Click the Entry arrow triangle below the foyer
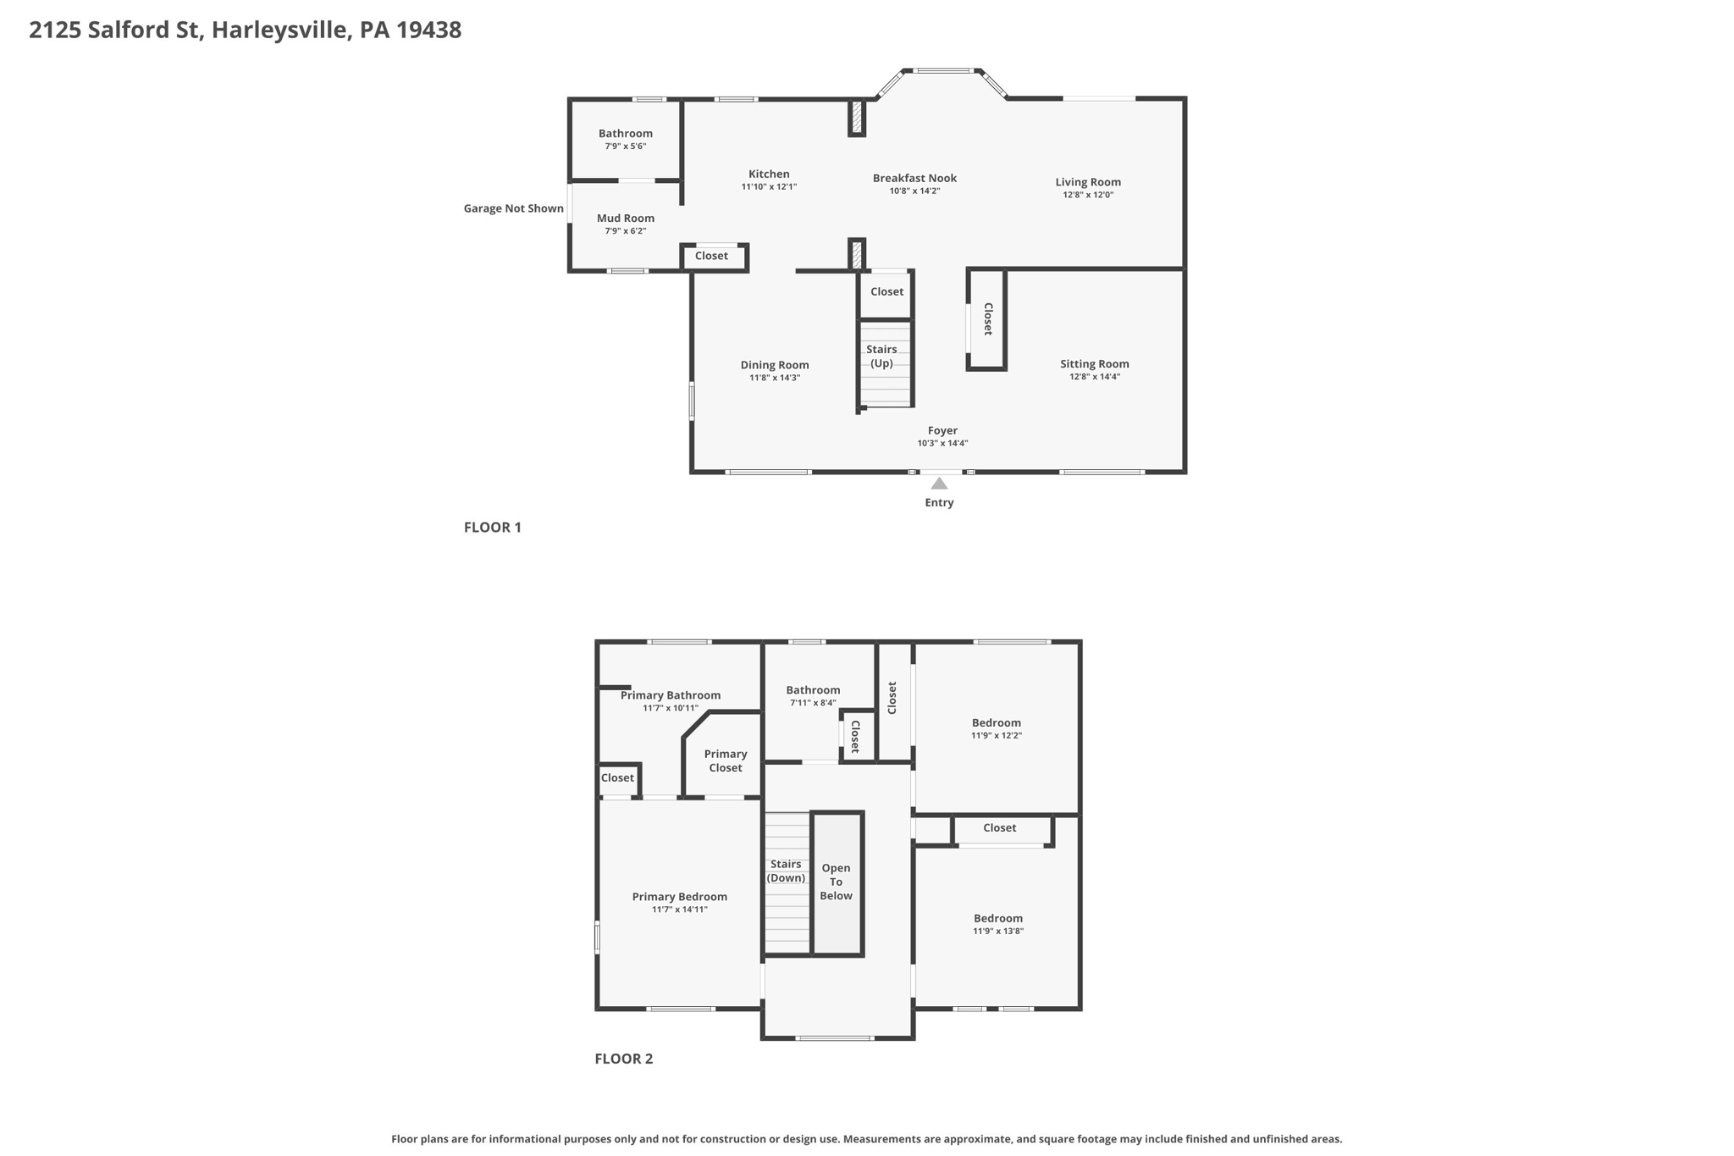[939, 484]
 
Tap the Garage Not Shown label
[513, 208]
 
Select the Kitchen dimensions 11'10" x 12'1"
[769, 187]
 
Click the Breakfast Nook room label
[914, 178]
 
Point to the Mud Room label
[626, 218]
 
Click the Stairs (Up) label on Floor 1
[881, 357]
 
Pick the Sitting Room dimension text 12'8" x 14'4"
[1094, 377]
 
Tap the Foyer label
[942, 430]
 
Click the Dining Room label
[775, 365]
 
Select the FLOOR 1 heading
[493, 528]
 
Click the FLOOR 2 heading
[623, 1059]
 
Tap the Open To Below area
[837, 882]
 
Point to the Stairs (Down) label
[786, 871]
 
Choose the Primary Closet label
[726, 761]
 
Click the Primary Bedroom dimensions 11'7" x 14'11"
[680, 910]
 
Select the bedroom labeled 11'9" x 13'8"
[998, 919]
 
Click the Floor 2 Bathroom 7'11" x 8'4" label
[813, 690]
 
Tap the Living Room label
[1088, 182]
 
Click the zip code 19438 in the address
[428, 30]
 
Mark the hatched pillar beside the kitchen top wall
[857, 118]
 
